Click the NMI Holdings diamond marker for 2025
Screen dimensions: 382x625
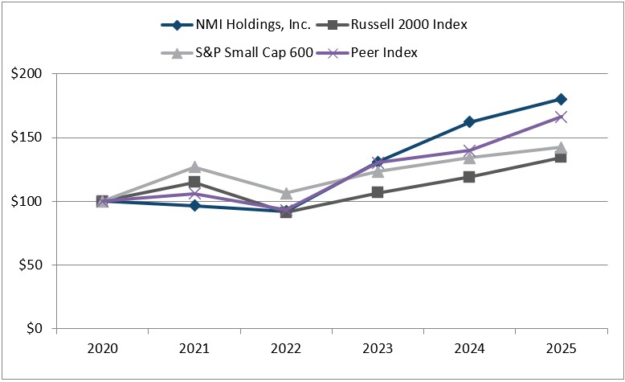561,100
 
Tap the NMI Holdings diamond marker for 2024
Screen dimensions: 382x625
469,122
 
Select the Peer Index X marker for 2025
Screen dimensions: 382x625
561,117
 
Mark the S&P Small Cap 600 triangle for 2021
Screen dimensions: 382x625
194,167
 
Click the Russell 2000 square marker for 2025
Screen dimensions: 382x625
561,158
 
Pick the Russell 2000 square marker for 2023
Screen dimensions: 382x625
378,192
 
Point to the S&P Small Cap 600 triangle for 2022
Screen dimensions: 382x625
286,193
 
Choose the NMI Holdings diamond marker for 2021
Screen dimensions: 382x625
194,206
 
